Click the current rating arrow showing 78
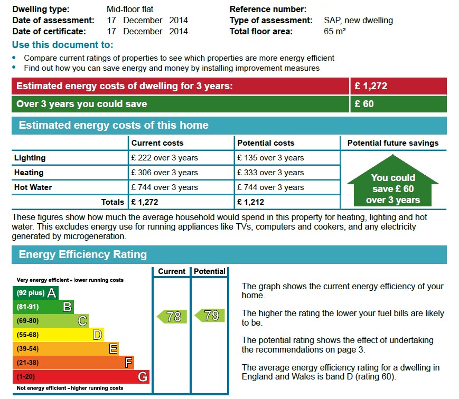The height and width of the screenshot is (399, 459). [x=172, y=316]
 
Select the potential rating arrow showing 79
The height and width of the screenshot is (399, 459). [x=210, y=316]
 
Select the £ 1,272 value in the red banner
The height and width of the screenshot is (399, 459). [x=371, y=86]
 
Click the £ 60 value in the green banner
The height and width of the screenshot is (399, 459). [x=364, y=104]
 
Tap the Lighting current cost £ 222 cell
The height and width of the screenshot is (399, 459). [x=165, y=158]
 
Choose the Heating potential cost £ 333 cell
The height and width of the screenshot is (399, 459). [x=270, y=173]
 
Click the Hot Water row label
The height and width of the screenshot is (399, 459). [x=33, y=187]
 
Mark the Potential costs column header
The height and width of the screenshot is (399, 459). [x=266, y=143]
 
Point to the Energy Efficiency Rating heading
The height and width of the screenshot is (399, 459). [x=83, y=254]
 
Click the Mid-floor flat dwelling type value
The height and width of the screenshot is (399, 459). [x=130, y=9]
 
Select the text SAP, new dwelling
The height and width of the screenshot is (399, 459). [x=358, y=20]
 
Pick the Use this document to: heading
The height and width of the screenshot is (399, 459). [x=62, y=45]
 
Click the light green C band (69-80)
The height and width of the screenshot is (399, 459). [x=50, y=320]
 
